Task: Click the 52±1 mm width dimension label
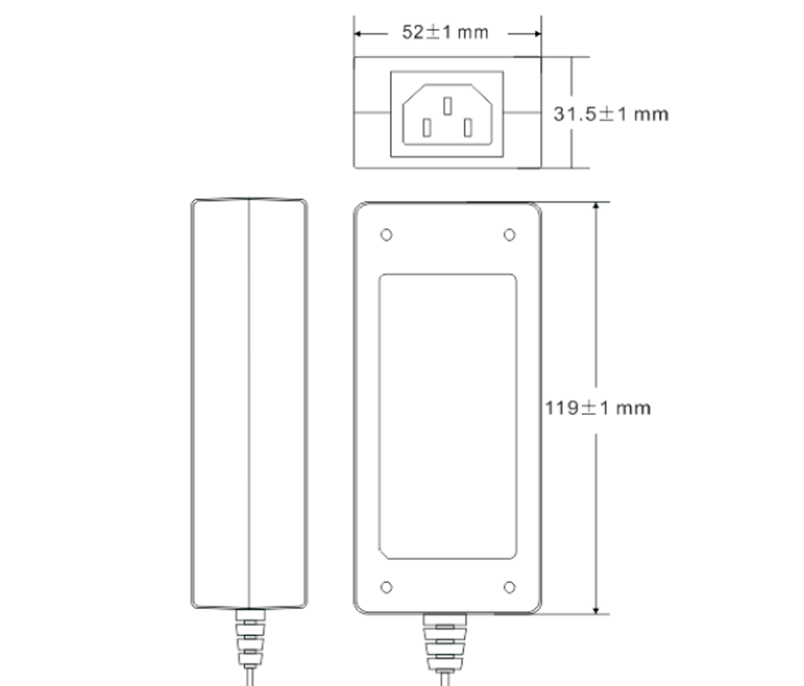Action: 445,33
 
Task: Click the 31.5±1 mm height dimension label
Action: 611,114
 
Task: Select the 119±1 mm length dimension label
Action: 597,408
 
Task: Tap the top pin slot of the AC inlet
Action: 447,106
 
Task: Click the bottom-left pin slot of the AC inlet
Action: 426,128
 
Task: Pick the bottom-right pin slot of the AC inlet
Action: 468,128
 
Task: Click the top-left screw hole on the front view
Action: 386,235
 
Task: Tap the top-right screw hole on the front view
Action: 509,235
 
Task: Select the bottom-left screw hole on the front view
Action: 386,587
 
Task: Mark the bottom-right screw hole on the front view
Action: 509,587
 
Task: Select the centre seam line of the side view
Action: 249,402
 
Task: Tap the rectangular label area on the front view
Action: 447,416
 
